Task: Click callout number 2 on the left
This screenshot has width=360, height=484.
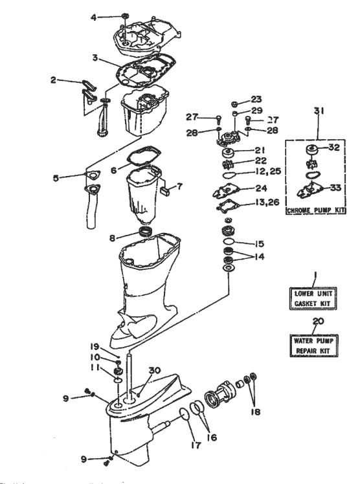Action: click(54, 81)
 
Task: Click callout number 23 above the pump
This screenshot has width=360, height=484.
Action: click(257, 100)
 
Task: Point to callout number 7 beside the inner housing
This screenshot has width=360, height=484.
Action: click(180, 186)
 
